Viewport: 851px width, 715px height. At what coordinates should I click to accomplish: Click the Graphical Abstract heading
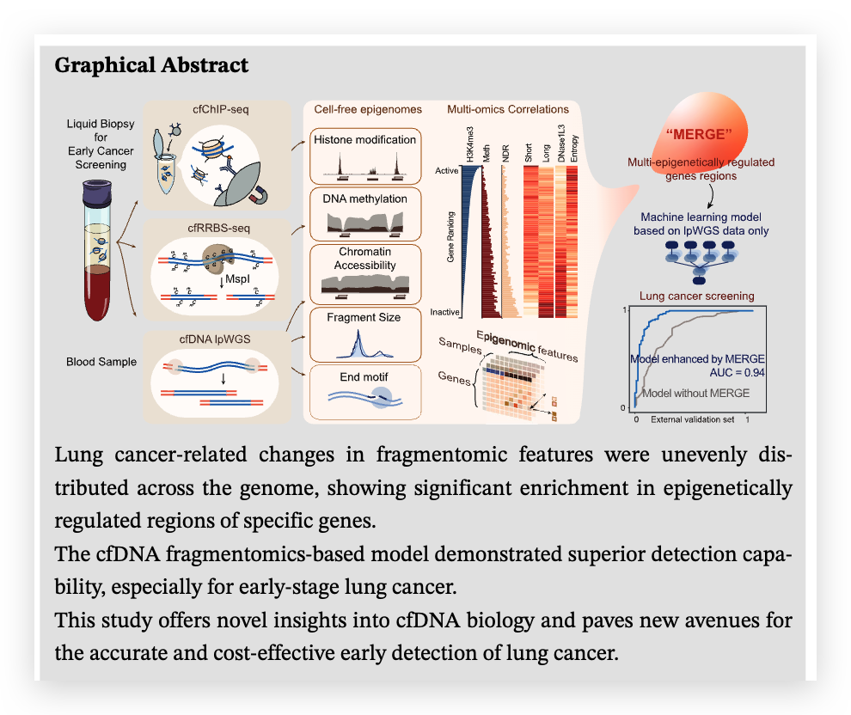151,65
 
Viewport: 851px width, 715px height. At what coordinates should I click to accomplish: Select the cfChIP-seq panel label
221,111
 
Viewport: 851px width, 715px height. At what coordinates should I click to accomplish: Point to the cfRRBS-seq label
221,229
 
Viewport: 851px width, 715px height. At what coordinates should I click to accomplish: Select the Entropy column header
574,145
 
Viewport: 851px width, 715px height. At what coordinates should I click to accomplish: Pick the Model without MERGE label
697,393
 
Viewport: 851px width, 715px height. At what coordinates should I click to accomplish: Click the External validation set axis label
693,420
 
